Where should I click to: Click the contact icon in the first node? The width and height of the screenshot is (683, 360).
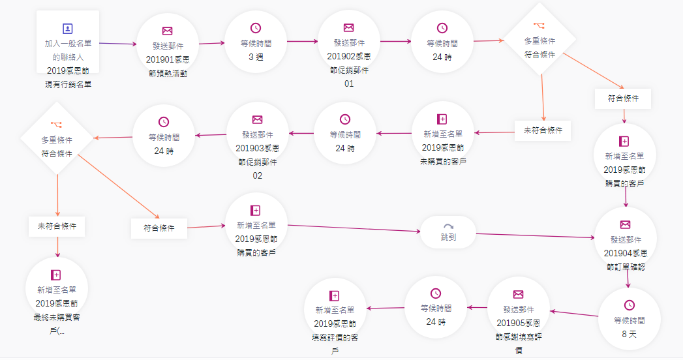[68, 29]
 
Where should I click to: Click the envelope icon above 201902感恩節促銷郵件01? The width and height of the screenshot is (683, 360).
[348, 28]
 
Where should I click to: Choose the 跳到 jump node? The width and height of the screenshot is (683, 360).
[449, 232]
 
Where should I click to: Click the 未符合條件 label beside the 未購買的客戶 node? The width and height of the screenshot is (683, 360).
[543, 130]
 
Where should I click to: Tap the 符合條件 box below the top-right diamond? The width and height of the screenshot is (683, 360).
[623, 98]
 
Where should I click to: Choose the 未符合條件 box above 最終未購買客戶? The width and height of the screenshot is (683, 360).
[57, 226]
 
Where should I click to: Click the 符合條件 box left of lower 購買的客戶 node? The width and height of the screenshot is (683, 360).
[159, 228]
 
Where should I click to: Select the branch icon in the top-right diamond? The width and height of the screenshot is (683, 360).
[539, 25]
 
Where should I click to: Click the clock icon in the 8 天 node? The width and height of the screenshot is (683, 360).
[629, 305]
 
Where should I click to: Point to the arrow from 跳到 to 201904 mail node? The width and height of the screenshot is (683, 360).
[535, 235]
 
